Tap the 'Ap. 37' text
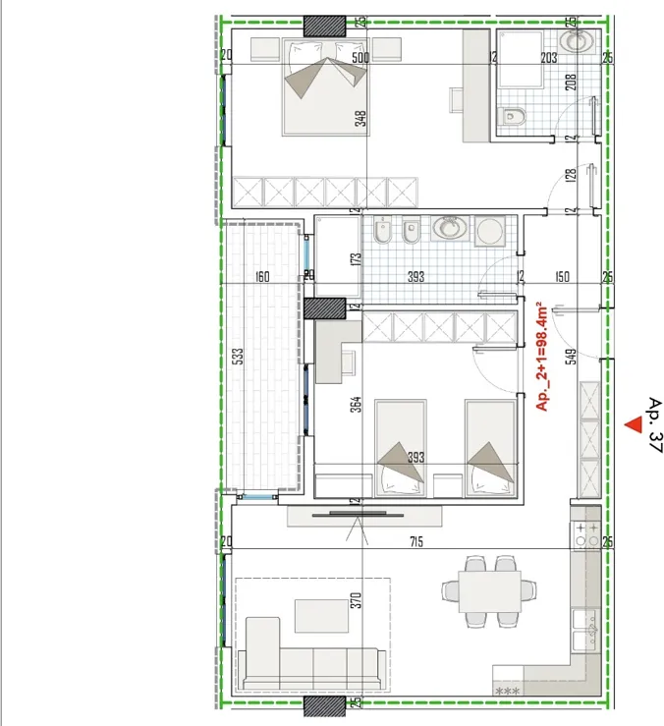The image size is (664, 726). [x=656, y=424]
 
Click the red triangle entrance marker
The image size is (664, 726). [x=634, y=425]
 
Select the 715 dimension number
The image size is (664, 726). [x=416, y=541]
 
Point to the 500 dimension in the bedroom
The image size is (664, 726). [x=360, y=57]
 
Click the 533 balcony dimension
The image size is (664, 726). [x=238, y=356]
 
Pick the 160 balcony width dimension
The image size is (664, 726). [x=262, y=277]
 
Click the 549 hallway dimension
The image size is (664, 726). [x=572, y=357]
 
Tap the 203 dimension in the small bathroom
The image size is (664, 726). [x=549, y=58]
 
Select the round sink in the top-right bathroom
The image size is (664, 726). [x=576, y=40]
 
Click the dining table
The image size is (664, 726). [x=489, y=591]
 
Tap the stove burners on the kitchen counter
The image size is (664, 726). [x=586, y=534]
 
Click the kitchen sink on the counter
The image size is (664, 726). [x=585, y=630]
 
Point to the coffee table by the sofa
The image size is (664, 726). [x=321, y=616]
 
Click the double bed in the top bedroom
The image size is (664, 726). [x=325, y=87]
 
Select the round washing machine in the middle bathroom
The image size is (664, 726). [x=490, y=230]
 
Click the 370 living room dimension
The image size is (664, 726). [x=356, y=600]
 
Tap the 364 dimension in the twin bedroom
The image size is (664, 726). [x=356, y=404]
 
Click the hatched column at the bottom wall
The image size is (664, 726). [x=324, y=706]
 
